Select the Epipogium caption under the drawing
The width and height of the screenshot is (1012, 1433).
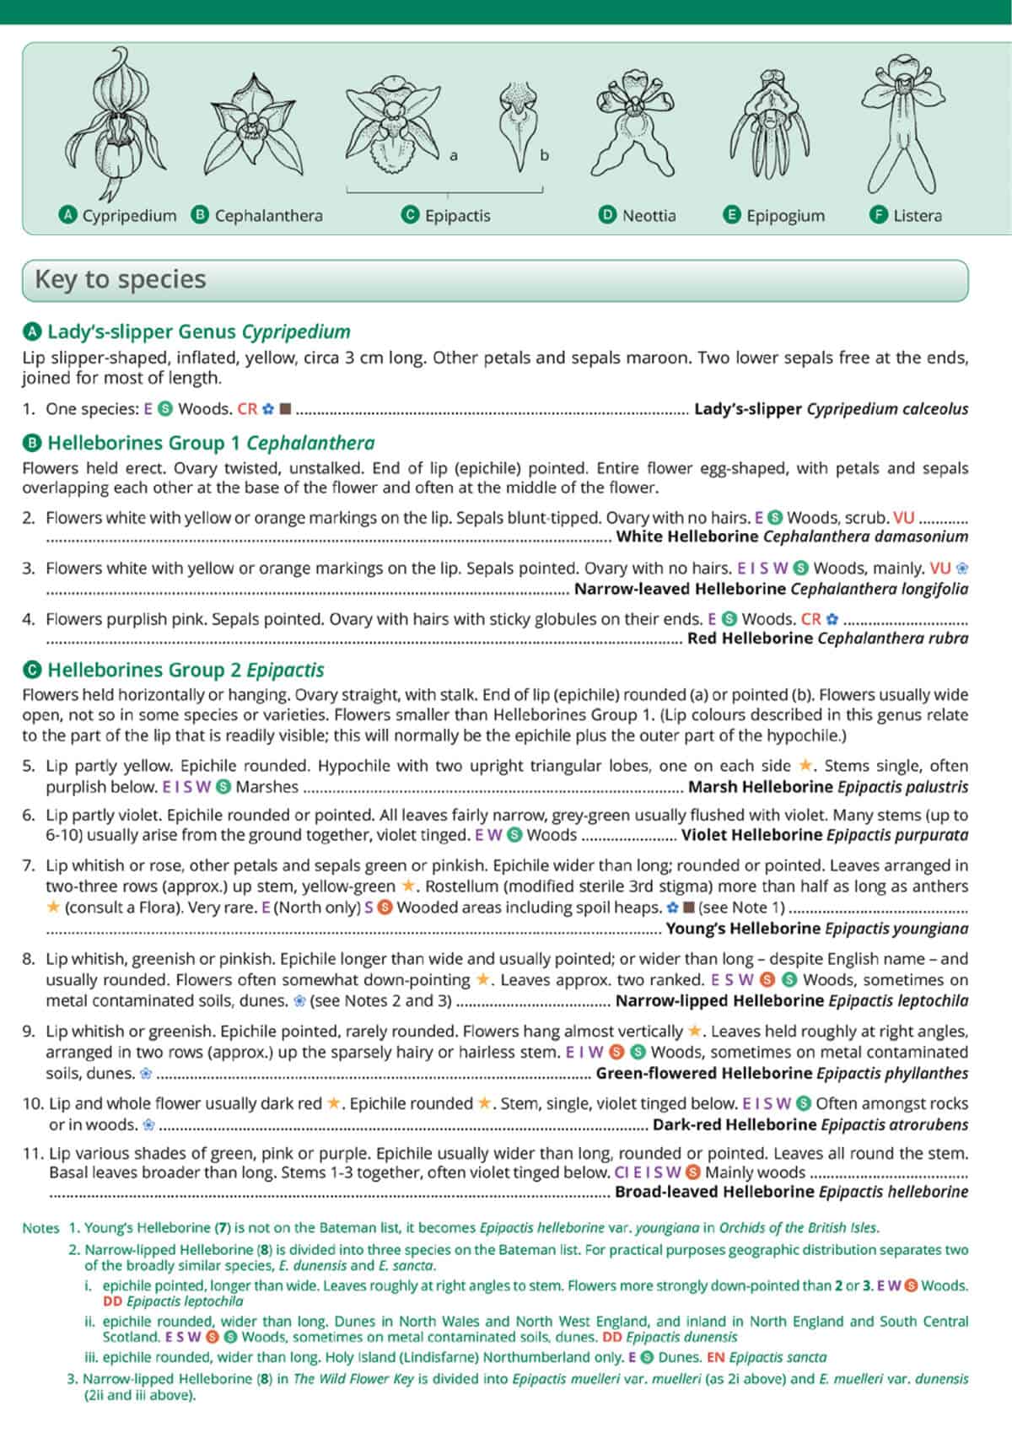[x=784, y=215]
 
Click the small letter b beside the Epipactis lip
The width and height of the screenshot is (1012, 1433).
[x=544, y=155]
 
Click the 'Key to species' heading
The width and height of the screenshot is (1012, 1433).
[x=121, y=279]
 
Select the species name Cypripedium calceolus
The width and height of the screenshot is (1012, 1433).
[x=887, y=409]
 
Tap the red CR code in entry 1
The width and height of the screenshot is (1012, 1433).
[x=247, y=409]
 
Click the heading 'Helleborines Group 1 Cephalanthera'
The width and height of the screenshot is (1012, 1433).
[x=211, y=443]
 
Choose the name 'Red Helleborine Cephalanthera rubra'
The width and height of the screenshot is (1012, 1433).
[x=827, y=638]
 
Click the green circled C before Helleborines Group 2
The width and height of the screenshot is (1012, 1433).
[x=32, y=671]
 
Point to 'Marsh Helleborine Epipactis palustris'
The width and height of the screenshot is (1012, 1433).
[x=827, y=787]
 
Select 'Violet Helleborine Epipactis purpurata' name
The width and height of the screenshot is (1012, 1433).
[x=824, y=835]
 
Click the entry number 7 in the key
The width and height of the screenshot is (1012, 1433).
[x=29, y=865]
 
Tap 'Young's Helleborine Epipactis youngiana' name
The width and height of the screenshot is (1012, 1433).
[x=816, y=929]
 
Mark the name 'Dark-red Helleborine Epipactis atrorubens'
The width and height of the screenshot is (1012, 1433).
[x=810, y=1124]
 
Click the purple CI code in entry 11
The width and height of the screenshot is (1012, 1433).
[x=622, y=1172]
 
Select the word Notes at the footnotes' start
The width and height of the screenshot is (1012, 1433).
[x=40, y=1228]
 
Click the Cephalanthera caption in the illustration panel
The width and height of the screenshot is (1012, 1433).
[x=268, y=215]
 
